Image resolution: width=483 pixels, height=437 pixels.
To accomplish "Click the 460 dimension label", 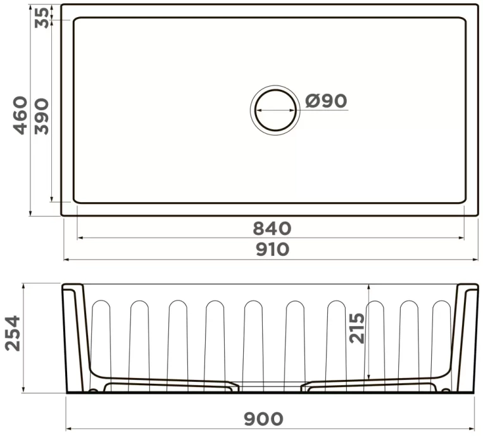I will point(21,115).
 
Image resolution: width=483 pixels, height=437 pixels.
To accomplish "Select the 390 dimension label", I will point(41,115).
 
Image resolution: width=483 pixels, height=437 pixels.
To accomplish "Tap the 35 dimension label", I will point(41,14).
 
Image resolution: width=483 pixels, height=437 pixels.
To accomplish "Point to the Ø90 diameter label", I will point(326,101).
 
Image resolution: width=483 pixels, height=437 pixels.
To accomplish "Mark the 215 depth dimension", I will point(358,328).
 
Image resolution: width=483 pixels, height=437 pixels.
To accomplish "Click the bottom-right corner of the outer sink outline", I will point(478,215).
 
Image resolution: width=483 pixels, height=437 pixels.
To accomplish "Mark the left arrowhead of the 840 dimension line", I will point(79,239).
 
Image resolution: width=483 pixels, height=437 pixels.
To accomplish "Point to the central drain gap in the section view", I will point(270,386).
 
